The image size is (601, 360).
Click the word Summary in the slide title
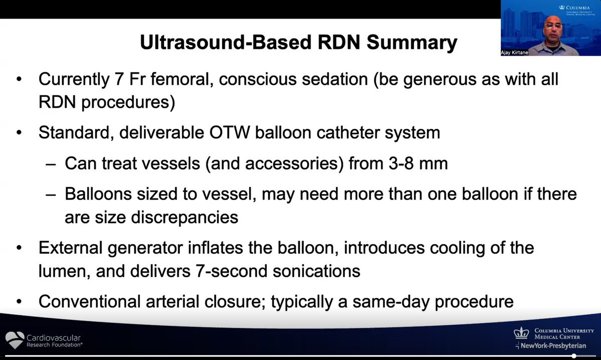coord(412,42)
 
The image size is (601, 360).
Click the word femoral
coord(181,79)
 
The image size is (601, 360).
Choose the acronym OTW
coord(230,133)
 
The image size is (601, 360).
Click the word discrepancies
coord(184,218)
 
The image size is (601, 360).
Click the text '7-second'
coord(232,271)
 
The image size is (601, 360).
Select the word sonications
coord(316,271)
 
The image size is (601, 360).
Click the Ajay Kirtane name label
coord(514,53)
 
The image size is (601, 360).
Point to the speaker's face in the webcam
coord(553,28)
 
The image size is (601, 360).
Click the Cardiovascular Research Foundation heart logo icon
coord(15,339)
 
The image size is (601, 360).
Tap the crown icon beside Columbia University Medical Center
coord(521,333)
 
